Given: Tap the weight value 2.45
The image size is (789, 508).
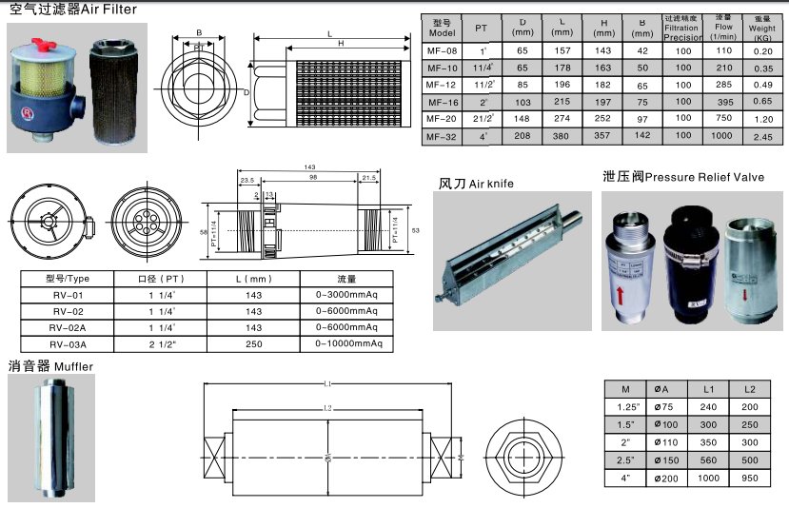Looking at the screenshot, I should [762, 136].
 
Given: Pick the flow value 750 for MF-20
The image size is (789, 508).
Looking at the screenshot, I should [723, 118].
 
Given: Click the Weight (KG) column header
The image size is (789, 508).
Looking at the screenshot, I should [762, 25].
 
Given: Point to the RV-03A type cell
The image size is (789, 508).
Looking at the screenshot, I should [68, 343].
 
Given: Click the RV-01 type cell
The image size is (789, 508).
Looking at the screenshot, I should [68, 295].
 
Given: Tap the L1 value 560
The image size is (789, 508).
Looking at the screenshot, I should [709, 459].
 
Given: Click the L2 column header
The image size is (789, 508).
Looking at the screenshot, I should [751, 389].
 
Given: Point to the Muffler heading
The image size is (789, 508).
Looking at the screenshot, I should [51, 365].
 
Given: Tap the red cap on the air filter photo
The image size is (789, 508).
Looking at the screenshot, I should [42, 41].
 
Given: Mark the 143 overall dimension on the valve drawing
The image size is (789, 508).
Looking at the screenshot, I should [309, 167].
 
